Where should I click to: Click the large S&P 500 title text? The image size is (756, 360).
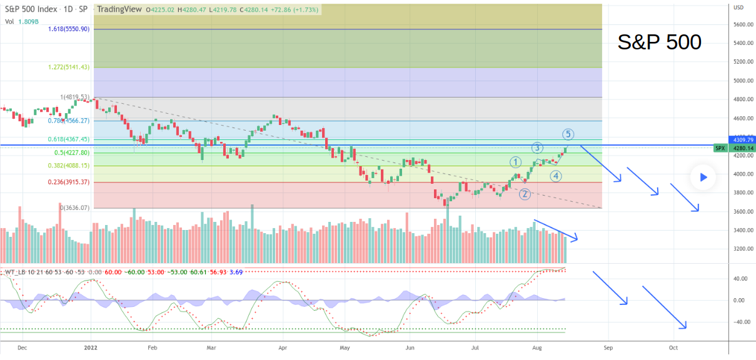659,42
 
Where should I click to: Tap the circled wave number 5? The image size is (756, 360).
567,134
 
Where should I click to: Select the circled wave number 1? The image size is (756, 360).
515,162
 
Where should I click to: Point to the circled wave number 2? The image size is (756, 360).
525,194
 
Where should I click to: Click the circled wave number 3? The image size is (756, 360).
537,148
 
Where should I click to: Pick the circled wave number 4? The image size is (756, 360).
555,176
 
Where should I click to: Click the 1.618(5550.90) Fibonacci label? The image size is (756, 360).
69,29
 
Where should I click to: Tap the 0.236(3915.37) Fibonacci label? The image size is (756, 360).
69,182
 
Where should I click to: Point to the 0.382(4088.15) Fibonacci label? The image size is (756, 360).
69,166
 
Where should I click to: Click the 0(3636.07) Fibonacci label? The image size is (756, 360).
75,207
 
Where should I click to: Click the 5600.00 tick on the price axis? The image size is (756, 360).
743,24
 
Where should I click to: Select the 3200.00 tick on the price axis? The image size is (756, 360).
743,249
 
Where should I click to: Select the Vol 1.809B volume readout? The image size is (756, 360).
19,22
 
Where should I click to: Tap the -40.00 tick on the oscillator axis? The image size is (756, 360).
742,322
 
